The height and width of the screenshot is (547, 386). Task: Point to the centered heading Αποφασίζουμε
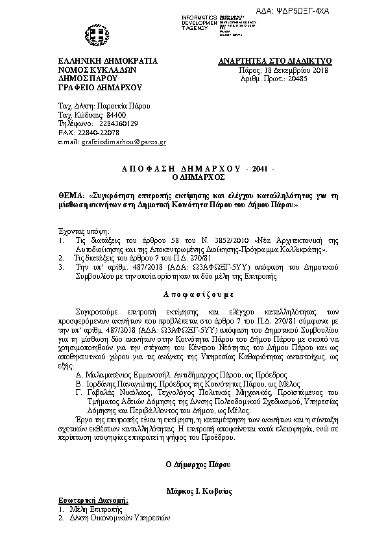(x=193, y=293)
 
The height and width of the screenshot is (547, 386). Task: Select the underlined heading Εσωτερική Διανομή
(x=93, y=500)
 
